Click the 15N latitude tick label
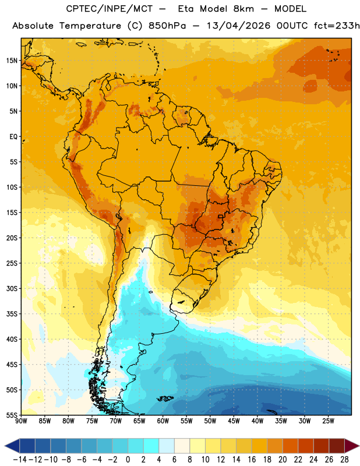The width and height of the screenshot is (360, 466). tap(12, 61)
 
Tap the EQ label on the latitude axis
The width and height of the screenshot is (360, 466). tap(13, 137)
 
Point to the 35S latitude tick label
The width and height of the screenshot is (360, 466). tap(12, 314)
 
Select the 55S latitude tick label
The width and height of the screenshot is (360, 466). tap(12, 415)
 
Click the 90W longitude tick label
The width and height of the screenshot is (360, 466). tap(21, 421)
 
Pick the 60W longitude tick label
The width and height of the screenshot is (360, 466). tap(163, 421)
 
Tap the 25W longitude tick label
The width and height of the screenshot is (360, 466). tap(328, 421)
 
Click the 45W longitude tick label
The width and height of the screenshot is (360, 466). tap(234, 421)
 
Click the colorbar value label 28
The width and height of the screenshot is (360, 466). tap(344, 460)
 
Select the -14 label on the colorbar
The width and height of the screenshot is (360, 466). tap(20, 460)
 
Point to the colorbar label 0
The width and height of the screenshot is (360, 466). tap(128, 460)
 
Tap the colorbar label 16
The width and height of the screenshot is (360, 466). tap(252, 460)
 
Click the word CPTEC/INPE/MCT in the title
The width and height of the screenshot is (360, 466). tap(110, 9)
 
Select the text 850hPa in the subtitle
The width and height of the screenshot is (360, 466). tap(167, 26)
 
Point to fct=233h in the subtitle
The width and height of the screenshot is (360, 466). tap(337, 26)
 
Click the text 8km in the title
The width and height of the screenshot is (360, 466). tap(243, 9)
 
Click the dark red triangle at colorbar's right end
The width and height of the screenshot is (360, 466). tap(352, 446)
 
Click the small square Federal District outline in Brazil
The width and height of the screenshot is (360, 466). tap(221, 216)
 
